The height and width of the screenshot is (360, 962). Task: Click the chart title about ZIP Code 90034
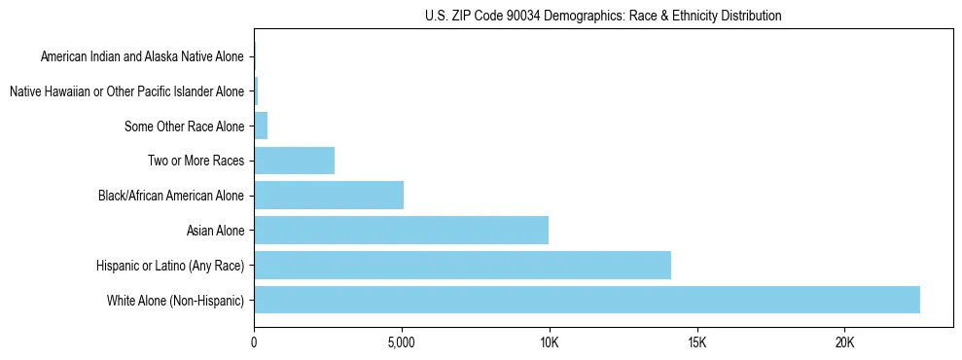pyautogui.click(x=603, y=17)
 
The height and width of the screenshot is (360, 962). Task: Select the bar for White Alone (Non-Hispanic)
pyautogui.click(x=587, y=300)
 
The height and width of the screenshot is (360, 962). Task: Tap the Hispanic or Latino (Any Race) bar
pyautogui.click(x=462, y=265)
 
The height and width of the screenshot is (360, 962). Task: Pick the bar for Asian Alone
pyautogui.click(x=401, y=230)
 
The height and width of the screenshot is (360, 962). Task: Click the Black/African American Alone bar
pyautogui.click(x=329, y=195)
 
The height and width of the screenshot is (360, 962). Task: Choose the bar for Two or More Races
pyautogui.click(x=294, y=161)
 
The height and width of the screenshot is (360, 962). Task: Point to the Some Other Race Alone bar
pyautogui.click(x=261, y=126)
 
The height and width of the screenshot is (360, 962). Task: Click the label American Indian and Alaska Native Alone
pyautogui.click(x=143, y=56)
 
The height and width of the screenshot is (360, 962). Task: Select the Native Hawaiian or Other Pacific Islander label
pyautogui.click(x=126, y=91)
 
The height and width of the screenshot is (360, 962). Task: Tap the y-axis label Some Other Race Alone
pyautogui.click(x=185, y=126)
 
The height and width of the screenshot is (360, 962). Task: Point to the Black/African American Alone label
pyautogui.click(x=171, y=196)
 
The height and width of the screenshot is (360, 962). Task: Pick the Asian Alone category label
pyautogui.click(x=215, y=231)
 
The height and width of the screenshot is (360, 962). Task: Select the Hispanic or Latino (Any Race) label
pyautogui.click(x=170, y=266)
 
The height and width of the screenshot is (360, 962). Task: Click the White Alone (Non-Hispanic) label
pyautogui.click(x=176, y=301)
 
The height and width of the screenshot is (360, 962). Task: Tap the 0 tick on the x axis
pyautogui.click(x=254, y=342)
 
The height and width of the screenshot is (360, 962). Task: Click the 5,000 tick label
pyautogui.click(x=401, y=342)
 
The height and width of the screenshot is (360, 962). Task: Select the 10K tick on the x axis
pyautogui.click(x=549, y=342)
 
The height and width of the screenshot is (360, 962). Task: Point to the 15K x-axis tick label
pyautogui.click(x=696, y=342)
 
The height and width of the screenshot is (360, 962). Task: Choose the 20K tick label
pyautogui.click(x=843, y=342)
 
